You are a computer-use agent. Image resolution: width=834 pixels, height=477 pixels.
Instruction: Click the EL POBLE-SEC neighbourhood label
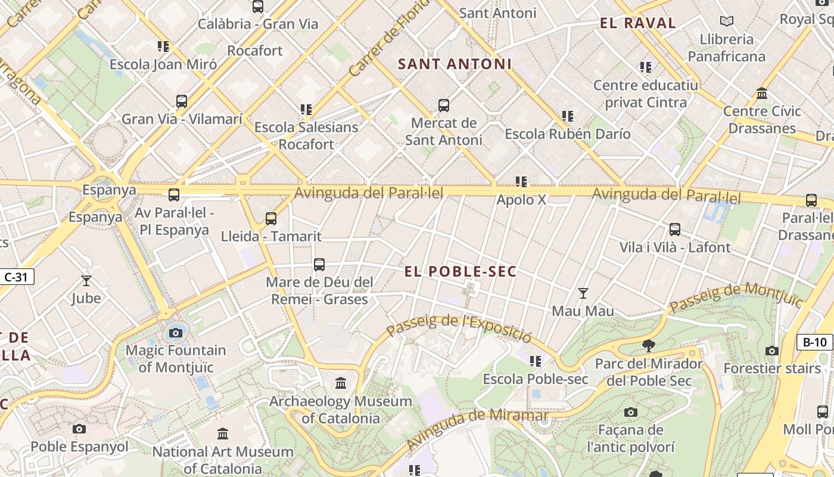click(x=460, y=272)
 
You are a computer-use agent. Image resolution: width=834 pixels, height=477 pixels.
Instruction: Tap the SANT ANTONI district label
click(x=455, y=64)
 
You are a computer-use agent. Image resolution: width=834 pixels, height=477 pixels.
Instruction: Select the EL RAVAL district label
click(x=638, y=23)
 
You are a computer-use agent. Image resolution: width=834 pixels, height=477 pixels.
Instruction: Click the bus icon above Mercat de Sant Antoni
click(x=444, y=106)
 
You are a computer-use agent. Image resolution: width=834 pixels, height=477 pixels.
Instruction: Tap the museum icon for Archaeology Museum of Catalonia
click(x=341, y=383)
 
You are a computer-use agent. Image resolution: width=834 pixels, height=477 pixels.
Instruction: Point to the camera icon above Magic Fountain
click(x=176, y=333)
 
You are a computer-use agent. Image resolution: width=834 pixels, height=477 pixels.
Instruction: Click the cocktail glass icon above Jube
click(x=86, y=280)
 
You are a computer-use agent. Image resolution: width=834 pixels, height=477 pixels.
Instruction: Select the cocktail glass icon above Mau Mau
click(x=583, y=293)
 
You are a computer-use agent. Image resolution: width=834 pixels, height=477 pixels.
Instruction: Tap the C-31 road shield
click(x=17, y=277)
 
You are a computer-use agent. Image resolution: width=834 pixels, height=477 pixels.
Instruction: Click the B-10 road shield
click(x=814, y=342)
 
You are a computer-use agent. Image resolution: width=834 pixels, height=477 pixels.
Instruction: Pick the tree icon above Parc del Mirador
click(x=649, y=346)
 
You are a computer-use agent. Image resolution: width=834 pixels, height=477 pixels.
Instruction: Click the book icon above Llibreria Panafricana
click(x=726, y=21)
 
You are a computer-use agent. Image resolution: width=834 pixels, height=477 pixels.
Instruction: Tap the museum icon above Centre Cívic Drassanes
click(x=762, y=94)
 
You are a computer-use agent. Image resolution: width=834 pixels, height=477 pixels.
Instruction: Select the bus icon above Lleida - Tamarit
click(x=271, y=219)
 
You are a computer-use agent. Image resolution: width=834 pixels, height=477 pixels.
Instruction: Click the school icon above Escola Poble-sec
click(x=536, y=361)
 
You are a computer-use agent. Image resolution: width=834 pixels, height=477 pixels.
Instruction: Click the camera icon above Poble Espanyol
click(x=79, y=429)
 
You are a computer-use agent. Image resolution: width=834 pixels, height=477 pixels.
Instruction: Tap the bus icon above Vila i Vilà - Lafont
click(x=675, y=230)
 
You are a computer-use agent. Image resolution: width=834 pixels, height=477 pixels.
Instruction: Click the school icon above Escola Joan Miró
click(x=163, y=47)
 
